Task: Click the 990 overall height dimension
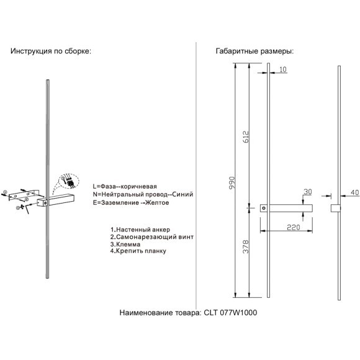(233, 182)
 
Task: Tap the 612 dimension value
(246, 137)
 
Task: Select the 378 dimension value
(246, 246)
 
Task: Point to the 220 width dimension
(294, 227)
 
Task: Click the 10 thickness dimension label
(283, 70)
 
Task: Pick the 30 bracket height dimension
(308, 192)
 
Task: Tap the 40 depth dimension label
(355, 192)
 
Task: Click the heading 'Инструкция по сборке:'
(51, 51)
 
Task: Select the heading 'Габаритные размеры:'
(254, 51)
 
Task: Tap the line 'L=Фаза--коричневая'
(125, 186)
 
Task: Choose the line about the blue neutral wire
(143, 194)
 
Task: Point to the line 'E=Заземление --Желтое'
(131, 203)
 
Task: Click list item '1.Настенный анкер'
(140, 230)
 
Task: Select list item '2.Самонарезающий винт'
(152, 237)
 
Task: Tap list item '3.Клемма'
(125, 245)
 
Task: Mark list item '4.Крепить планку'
(138, 251)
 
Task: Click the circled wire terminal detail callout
(69, 181)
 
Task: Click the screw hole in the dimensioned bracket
(264, 208)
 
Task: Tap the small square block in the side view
(336, 208)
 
